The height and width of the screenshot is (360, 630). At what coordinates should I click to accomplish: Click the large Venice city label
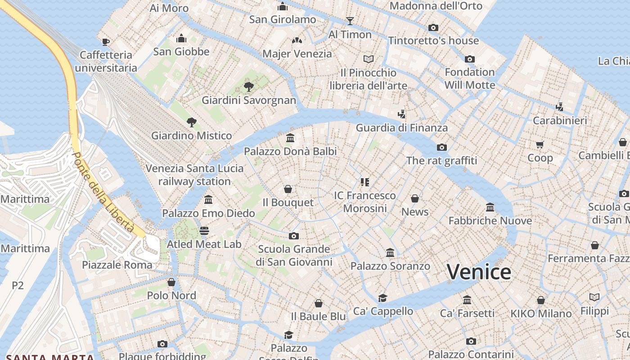click(x=479, y=272)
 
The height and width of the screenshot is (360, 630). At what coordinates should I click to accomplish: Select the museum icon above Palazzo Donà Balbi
click(x=290, y=138)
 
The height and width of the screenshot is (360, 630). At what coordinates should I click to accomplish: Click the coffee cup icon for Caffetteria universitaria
click(x=106, y=42)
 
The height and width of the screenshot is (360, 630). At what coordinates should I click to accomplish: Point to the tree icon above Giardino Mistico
click(x=192, y=122)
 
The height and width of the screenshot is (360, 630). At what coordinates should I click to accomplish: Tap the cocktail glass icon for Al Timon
click(x=350, y=21)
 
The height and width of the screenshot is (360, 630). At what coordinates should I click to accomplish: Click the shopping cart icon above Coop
click(x=540, y=144)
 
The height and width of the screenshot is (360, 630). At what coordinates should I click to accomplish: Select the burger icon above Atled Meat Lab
click(x=204, y=231)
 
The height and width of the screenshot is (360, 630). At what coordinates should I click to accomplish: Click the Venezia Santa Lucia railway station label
click(x=194, y=175)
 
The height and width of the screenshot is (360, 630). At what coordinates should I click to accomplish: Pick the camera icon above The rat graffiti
click(x=442, y=147)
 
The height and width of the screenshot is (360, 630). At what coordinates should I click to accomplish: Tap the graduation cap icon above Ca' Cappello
click(x=383, y=298)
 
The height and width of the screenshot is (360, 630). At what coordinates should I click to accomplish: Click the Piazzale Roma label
click(x=117, y=265)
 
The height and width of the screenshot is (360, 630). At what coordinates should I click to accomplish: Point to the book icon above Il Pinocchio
click(x=369, y=59)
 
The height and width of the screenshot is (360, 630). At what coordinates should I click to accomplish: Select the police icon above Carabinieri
click(x=559, y=107)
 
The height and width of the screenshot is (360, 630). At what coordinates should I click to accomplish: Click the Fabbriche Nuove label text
click(x=490, y=220)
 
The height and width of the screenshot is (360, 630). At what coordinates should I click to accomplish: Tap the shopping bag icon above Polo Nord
click(x=171, y=282)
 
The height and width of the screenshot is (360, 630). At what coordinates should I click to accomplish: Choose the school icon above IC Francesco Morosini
click(x=364, y=182)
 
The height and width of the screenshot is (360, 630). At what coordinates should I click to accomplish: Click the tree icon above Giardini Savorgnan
click(x=248, y=87)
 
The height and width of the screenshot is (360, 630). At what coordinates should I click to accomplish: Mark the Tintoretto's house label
click(x=433, y=40)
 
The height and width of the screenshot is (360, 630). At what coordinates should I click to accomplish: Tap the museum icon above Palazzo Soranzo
click(x=390, y=253)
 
